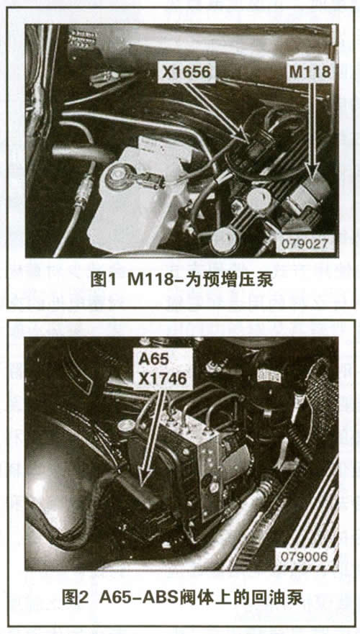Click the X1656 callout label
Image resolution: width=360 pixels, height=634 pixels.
click(186, 73)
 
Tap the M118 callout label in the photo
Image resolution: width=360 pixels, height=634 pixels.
click(311, 73)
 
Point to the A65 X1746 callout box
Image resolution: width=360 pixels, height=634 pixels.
click(163, 368)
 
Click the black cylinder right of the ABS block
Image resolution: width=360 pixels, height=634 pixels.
click(269, 400)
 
